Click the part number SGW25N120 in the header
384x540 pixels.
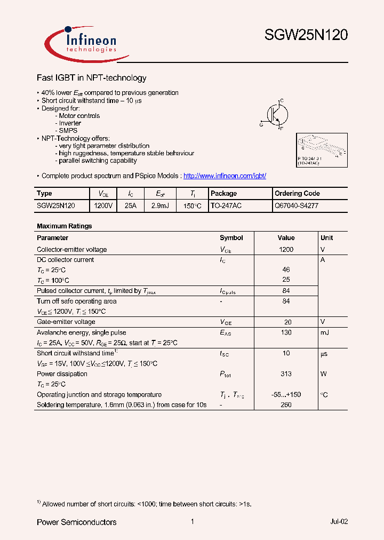[x=306, y=36]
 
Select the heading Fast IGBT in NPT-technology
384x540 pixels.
[x=91, y=78]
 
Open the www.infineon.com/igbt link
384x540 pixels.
[x=224, y=176]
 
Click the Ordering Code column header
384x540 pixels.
[x=297, y=193]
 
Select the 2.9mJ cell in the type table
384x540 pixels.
[x=159, y=205]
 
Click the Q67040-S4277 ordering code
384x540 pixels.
[x=296, y=205]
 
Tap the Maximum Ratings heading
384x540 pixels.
[x=64, y=226]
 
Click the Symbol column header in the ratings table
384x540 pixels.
[x=231, y=237]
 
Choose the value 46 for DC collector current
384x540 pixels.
[x=286, y=270]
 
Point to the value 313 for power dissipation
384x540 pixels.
[x=286, y=374]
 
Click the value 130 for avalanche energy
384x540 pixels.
[x=286, y=332]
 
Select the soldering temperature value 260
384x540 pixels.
[x=286, y=405]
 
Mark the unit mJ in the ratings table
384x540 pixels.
[x=325, y=332]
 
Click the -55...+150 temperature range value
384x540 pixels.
[x=286, y=395]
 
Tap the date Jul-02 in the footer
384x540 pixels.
[x=339, y=522]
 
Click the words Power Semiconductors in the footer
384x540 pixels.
[x=76, y=522]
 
